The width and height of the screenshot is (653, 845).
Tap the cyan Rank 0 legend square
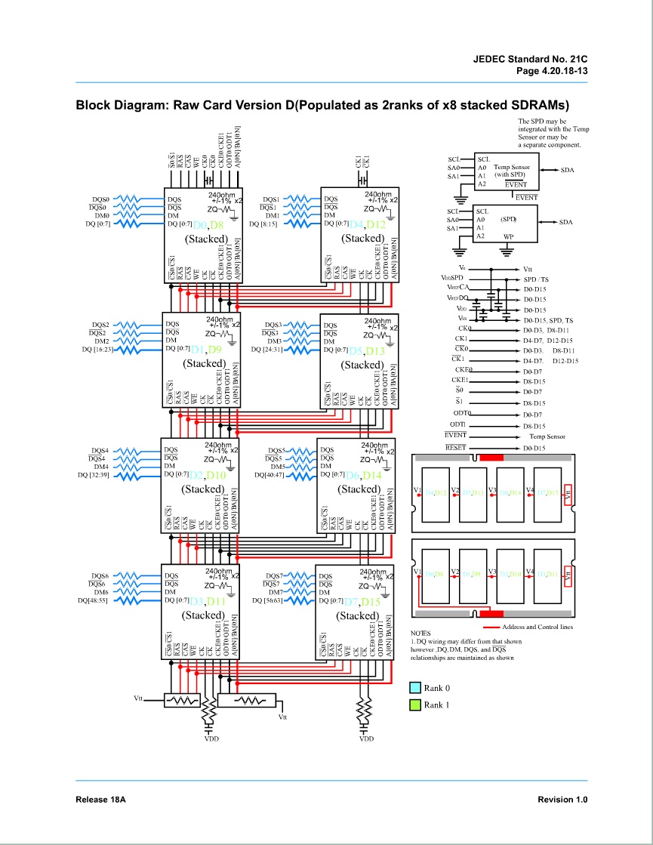tap(414, 688)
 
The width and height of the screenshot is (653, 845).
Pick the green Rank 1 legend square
tap(414, 705)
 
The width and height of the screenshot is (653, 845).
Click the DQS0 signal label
tap(100, 200)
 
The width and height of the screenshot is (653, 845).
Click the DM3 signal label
tap(274, 341)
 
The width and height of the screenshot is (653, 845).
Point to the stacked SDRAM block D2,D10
tap(201, 486)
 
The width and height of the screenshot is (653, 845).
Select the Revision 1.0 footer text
tap(562, 800)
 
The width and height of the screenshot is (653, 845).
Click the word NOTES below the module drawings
tap(420, 633)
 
